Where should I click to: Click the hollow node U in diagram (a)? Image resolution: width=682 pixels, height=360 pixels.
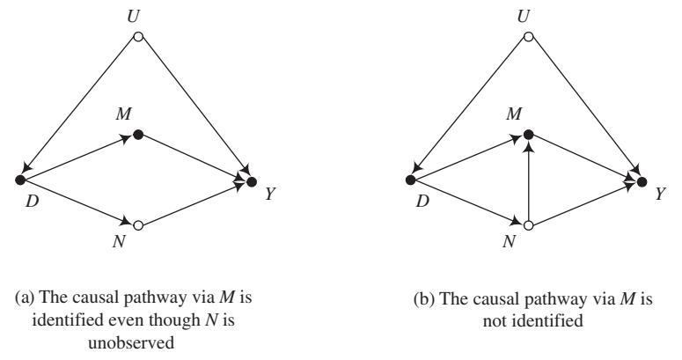pyautogui.click(x=137, y=37)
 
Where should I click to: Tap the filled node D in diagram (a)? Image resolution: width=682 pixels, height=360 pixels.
pyautogui.click(x=20, y=180)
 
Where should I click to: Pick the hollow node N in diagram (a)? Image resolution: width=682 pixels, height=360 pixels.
pyautogui.click(x=137, y=225)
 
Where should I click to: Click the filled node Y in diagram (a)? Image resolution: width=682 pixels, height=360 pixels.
pyautogui.click(x=252, y=181)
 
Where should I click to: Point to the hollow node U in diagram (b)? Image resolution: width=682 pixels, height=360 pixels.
pyautogui.click(x=528, y=37)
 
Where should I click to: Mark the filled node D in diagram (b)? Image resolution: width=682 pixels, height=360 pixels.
pyautogui.click(x=410, y=180)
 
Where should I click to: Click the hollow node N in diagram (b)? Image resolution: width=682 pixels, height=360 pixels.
pyautogui.click(x=528, y=225)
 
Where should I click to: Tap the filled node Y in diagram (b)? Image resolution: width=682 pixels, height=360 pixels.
pyautogui.click(x=642, y=181)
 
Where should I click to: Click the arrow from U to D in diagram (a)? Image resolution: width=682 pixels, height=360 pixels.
pyautogui.click(x=79, y=108)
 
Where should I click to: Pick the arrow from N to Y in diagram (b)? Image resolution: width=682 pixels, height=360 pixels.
pyautogui.click(x=585, y=203)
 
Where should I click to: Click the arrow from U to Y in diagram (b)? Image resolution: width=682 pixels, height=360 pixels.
pyautogui.click(x=585, y=109)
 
